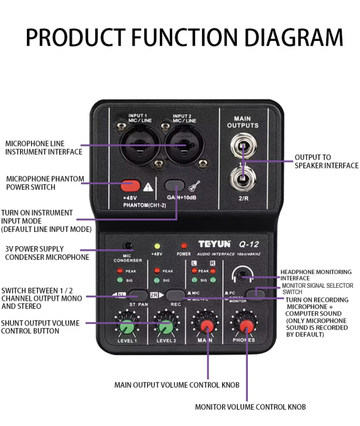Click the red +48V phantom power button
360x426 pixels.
[x=130, y=185]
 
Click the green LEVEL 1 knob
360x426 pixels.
[x=126, y=328]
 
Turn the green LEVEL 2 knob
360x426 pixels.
[x=165, y=328]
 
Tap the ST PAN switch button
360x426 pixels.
[x=138, y=295]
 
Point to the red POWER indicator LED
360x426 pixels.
[x=184, y=246]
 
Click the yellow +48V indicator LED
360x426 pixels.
[x=157, y=246]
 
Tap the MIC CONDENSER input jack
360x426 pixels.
[x=127, y=246]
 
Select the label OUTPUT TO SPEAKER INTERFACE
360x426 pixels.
[x=326, y=161]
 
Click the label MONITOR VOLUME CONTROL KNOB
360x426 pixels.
[x=250, y=407]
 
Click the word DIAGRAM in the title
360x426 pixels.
[x=290, y=38]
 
